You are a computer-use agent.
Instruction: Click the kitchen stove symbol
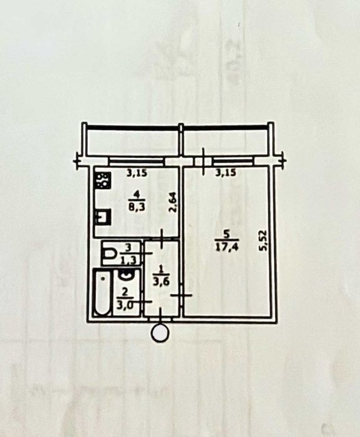pyautogui.click(x=103, y=180)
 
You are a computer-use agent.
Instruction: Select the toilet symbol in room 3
pyautogui.click(x=110, y=253)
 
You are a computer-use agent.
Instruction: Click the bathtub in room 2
pyautogui.click(x=102, y=292)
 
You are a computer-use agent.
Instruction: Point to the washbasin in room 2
pyautogui.click(x=126, y=275)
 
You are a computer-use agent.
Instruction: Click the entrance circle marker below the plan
pyautogui.click(x=160, y=333)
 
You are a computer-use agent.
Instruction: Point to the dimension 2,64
pyautogui.click(x=173, y=203)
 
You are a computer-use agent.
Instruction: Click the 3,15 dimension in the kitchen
pyautogui.click(x=137, y=174)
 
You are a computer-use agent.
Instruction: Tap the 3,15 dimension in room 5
pyautogui.click(x=226, y=173)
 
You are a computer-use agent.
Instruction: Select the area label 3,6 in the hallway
pyautogui.click(x=159, y=281)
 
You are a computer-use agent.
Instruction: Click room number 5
pyautogui.click(x=226, y=235)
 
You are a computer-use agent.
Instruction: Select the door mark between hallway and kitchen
pyautogui.click(x=162, y=238)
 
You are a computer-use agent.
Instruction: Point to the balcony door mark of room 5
pyautogui.click(x=203, y=161)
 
